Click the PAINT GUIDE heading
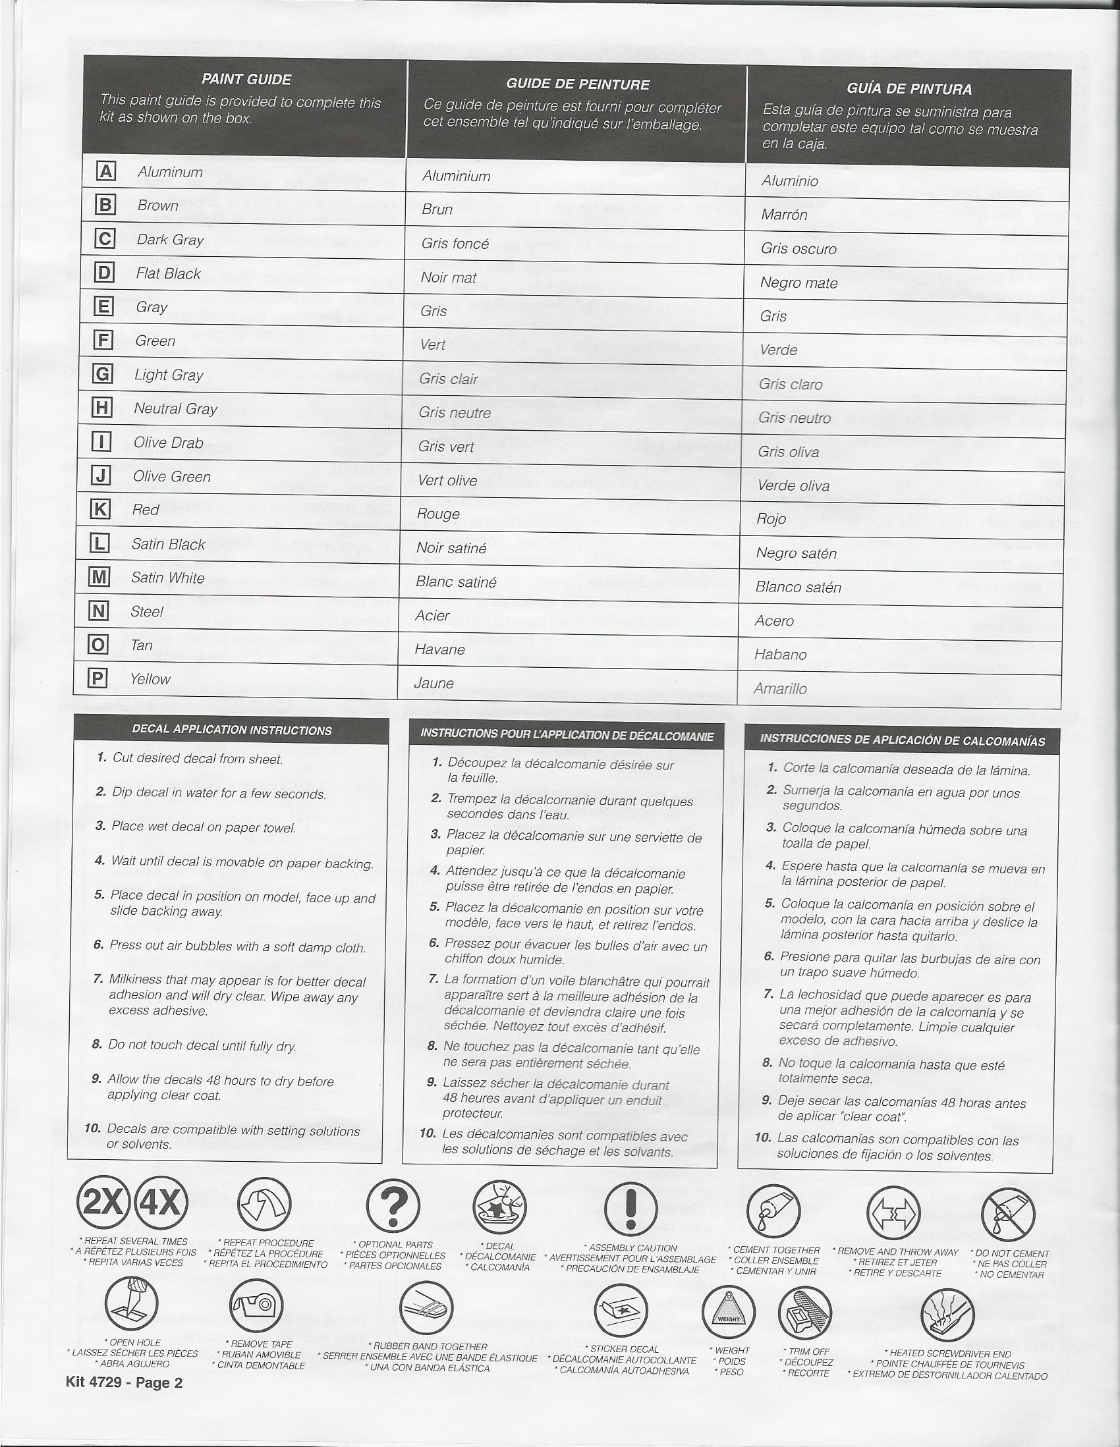246,80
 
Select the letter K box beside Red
99,510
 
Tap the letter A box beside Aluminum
106,172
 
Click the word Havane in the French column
439,649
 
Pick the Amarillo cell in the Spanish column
780,688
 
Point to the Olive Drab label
169,443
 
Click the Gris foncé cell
455,244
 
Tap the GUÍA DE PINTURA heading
909,89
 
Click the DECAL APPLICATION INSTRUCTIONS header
232,730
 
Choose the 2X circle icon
105,1204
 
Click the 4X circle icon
161,1204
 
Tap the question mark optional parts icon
393,1207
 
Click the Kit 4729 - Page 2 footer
124,1382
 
